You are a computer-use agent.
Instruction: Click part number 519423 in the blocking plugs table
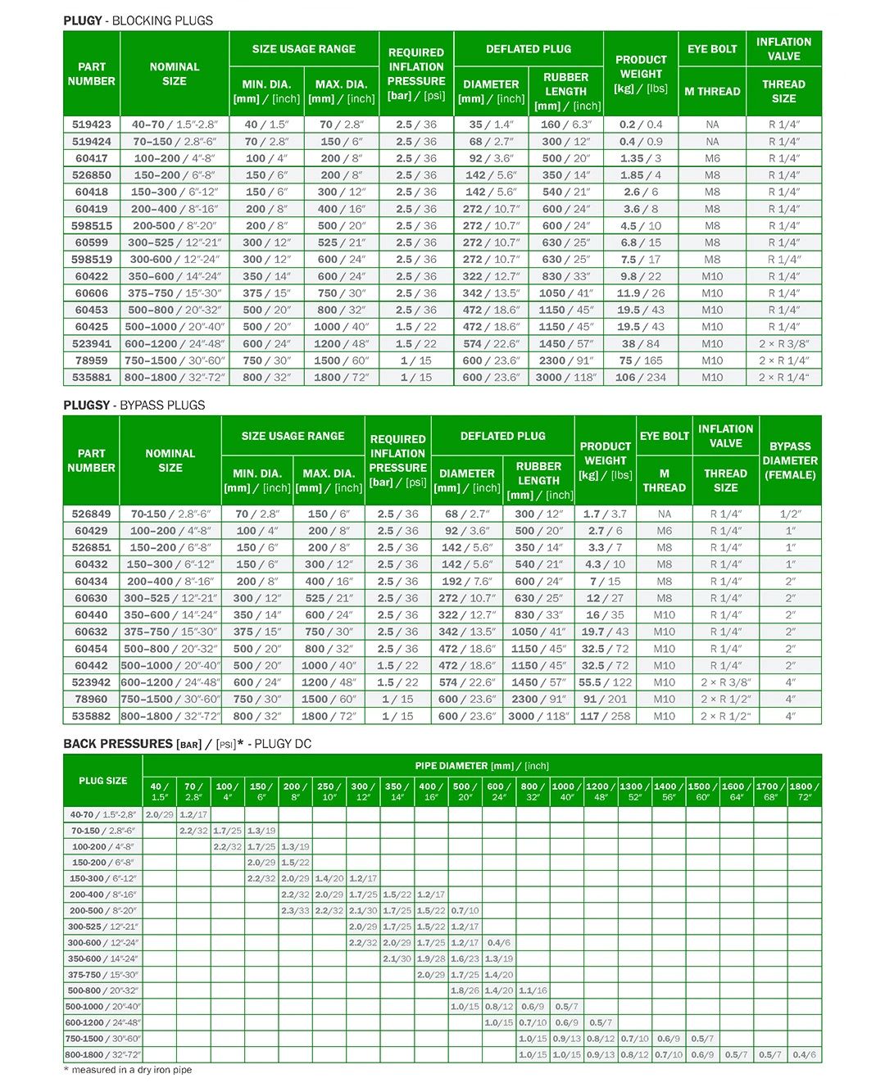[92, 125]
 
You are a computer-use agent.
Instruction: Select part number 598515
[92, 225]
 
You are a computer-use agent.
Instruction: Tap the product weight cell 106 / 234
[641, 378]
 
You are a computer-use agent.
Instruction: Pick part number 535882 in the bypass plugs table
[91, 716]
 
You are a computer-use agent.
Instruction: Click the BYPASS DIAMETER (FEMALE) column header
[790, 460]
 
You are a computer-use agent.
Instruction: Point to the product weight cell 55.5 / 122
[606, 682]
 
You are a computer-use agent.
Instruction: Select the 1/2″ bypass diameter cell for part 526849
[790, 514]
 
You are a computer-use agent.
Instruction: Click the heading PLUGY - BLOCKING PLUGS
[138, 20]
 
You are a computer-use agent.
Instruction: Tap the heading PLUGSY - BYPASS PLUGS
[134, 406]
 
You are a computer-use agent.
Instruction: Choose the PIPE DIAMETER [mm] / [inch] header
[482, 766]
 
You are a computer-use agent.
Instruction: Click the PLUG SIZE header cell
[103, 781]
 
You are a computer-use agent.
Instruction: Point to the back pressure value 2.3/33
[295, 911]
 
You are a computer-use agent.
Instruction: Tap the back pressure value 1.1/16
[533, 990]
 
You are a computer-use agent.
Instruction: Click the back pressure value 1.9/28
[431, 958]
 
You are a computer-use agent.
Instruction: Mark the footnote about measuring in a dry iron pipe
[128, 1070]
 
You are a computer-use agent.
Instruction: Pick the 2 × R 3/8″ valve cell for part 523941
[783, 344]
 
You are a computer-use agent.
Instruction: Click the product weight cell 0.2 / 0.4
[641, 125]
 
